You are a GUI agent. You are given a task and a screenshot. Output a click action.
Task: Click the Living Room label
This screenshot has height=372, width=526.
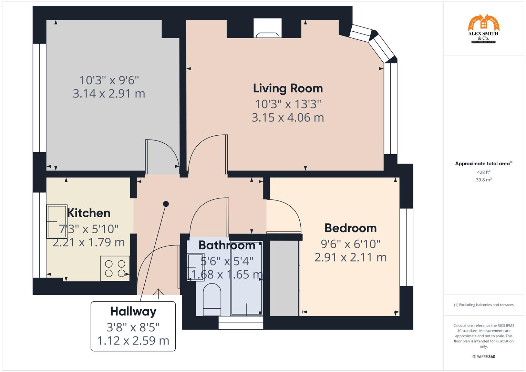tap(288, 88)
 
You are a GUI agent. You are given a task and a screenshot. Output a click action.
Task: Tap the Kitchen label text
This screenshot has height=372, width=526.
tap(89, 213)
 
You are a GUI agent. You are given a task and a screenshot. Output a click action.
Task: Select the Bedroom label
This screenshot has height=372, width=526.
tap(350, 228)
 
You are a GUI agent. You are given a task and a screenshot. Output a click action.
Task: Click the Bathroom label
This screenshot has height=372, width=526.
tap(227, 245)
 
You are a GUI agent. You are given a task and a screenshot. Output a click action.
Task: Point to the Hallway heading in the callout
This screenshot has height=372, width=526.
tap(133, 311)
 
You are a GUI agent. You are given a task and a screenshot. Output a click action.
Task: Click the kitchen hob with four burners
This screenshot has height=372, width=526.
tap(115, 269)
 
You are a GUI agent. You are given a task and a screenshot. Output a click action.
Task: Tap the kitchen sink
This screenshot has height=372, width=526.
tap(57, 221)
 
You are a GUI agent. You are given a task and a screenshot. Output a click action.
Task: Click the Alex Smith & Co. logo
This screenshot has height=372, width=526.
tap(483, 29)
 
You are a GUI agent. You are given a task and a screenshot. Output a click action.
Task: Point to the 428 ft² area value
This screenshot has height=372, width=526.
tap(483, 172)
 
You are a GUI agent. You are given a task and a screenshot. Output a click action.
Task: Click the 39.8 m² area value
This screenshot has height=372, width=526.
tap(483, 180)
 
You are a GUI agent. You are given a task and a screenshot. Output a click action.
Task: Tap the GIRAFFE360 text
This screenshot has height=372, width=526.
tap(483, 357)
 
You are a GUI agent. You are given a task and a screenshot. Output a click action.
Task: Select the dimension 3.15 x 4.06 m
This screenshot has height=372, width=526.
tap(288, 117)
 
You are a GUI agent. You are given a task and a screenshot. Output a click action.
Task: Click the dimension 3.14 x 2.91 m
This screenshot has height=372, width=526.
tap(109, 94)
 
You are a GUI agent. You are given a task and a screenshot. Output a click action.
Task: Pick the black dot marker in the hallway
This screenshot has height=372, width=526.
tap(166, 204)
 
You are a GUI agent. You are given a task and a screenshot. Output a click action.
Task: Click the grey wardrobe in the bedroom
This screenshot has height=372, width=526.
tap(284, 278)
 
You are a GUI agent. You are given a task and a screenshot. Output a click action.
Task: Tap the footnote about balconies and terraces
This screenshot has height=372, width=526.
tap(483, 305)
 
